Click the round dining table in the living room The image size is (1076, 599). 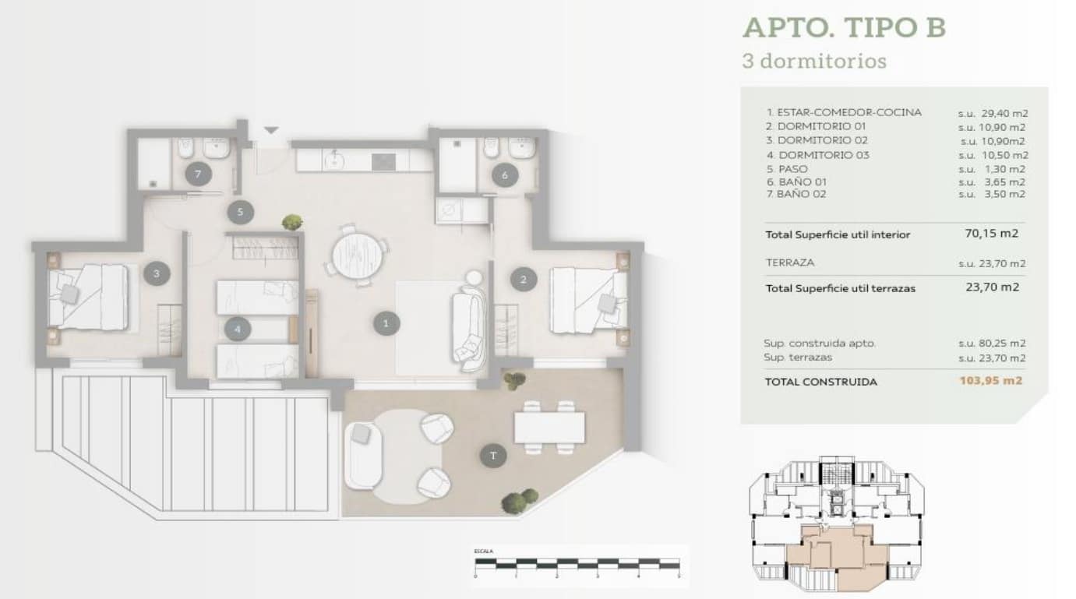[x=358, y=253]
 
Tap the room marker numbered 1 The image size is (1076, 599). [x=386, y=322]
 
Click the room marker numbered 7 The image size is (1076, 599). [x=198, y=174]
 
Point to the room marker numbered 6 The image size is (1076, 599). [x=504, y=176]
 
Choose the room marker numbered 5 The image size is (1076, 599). [x=240, y=211]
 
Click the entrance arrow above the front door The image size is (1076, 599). [x=270, y=131]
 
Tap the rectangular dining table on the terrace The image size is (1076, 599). [x=549, y=427]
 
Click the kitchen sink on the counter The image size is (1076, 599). [x=335, y=160]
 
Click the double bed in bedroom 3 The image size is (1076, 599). [x=87, y=296]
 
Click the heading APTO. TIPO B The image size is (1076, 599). [x=844, y=27]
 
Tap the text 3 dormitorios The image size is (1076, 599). [x=813, y=61]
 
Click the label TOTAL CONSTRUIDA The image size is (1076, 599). [x=820, y=382]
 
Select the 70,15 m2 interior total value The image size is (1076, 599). [x=991, y=233]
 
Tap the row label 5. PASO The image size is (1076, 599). [x=787, y=168]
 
